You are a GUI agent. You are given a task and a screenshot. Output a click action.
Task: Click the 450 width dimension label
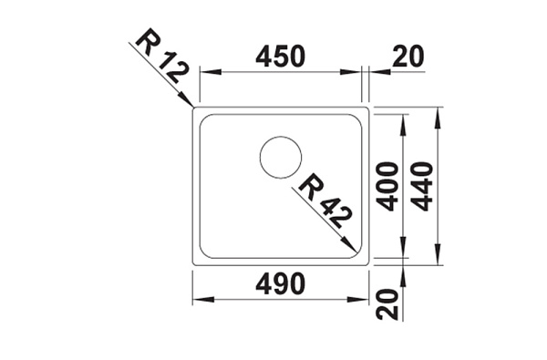[x=280, y=57]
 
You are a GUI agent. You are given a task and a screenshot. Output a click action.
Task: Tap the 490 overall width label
[x=280, y=283]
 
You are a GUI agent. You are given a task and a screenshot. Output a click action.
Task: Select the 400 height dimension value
[x=388, y=186]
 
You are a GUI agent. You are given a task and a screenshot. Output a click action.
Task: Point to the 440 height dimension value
[x=422, y=186]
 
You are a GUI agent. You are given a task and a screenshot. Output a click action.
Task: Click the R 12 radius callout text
[x=163, y=56]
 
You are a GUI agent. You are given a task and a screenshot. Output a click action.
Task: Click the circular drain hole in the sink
[x=281, y=158]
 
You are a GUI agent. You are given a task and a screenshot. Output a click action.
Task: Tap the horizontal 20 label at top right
[x=408, y=57]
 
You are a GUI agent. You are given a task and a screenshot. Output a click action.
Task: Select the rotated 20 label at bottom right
[x=387, y=304]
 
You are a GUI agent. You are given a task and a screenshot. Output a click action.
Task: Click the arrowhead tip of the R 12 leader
[x=193, y=107]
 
